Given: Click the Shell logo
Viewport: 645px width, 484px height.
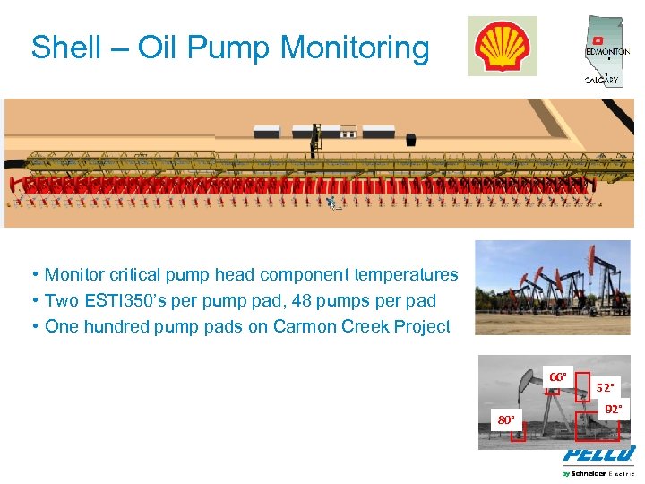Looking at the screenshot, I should [x=502, y=46].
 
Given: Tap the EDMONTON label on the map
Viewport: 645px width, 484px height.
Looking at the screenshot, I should [x=607, y=52].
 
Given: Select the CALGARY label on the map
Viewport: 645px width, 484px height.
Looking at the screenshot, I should [x=602, y=81].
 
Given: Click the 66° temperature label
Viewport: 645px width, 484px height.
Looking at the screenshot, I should [x=557, y=377].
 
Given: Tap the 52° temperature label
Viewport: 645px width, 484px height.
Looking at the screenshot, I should [x=606, y=388].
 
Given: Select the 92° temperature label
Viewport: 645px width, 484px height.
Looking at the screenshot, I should [x=614, y=409].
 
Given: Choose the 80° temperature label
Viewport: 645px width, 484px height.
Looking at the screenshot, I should [x=506, y=419].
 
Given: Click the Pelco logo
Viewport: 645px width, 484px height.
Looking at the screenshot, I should [x=598, y=454].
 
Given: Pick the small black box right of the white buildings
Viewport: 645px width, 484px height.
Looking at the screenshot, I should [x=410, y=139].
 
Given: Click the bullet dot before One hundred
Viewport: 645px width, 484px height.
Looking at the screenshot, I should [x=32, y=326].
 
